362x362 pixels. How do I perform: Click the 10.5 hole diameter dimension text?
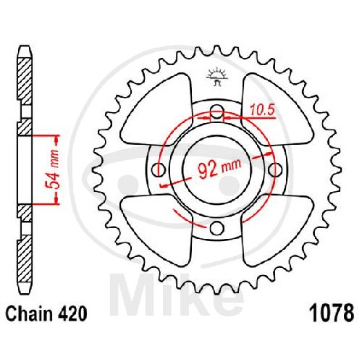tap(262, 110)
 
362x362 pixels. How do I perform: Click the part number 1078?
tap(333, 313)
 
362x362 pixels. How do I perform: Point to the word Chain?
tap(29, 313)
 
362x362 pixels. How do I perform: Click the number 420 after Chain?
tap(72, 313)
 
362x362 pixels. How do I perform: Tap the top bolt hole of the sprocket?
tap(217, 111)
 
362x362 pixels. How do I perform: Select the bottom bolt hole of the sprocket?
tap(216, 228)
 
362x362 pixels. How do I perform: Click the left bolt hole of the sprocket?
tap(159, 170)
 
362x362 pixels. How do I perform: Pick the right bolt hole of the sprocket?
tap(275, 169)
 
